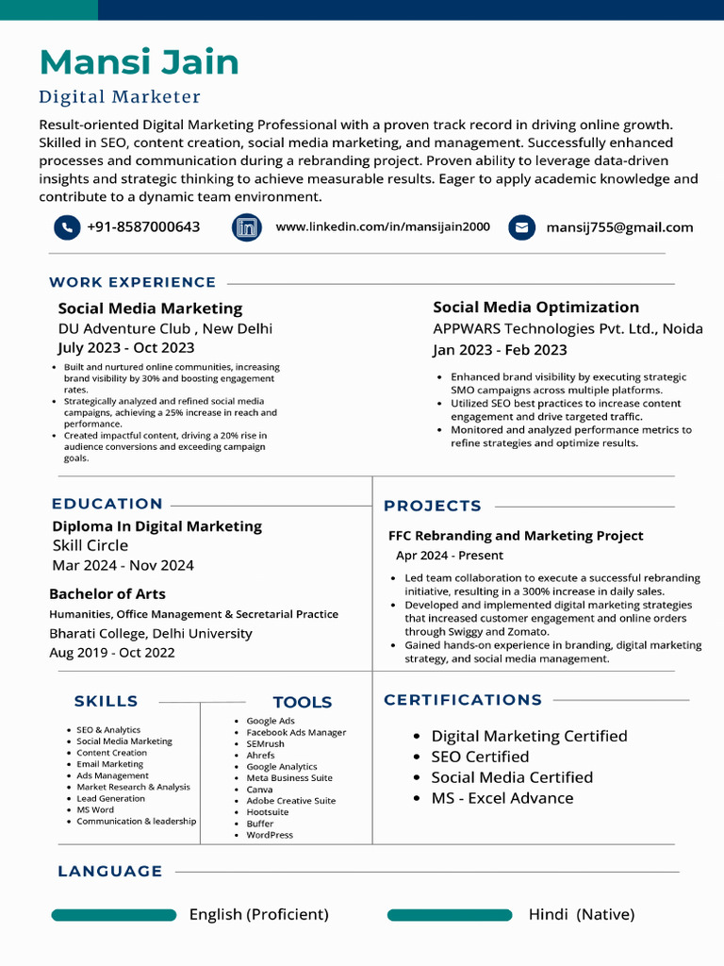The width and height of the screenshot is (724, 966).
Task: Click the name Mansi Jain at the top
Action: (x=139, y=62)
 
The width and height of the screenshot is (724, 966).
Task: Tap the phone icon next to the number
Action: (x=67, y=227)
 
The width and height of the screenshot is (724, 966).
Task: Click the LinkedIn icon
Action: (x=246, y=227)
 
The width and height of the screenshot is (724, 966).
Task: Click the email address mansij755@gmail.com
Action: (x=619, y=227)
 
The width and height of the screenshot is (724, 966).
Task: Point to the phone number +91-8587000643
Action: (x=143, y=227)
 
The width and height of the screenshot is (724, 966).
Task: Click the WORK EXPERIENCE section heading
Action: (x=133, y=282)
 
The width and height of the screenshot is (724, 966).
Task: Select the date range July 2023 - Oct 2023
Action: (x=126, y=347)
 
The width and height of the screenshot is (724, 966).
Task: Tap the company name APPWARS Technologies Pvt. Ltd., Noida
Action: (x=568, y=328)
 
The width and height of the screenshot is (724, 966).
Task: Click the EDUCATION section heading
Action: (x=107, y=504)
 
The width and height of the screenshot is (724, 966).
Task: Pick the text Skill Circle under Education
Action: (x=90, y=545)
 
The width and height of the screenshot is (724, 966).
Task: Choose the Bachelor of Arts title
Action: (x=107, y=594)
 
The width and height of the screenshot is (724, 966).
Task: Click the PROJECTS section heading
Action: (x=433, y=506)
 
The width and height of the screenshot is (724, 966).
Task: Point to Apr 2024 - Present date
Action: (x=450, y=556)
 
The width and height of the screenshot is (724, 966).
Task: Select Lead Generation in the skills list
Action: (x=111, y=798)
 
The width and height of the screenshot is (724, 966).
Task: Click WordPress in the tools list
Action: (x=270, y=835)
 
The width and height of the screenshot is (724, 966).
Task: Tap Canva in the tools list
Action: (x=259, y=790)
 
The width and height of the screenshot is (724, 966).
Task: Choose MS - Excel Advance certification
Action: (x=502, y=798)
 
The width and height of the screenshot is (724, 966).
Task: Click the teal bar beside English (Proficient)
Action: (x=114, y=915)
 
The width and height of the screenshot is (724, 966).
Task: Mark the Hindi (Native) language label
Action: (x=582, y=915)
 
